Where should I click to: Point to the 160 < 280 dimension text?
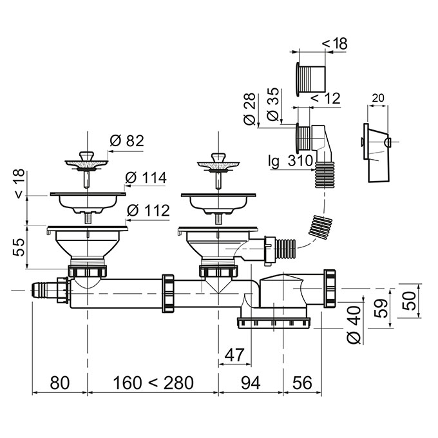coord(153,383)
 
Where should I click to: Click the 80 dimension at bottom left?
coord(59,383)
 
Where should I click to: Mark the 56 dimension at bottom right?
coord(302,383)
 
